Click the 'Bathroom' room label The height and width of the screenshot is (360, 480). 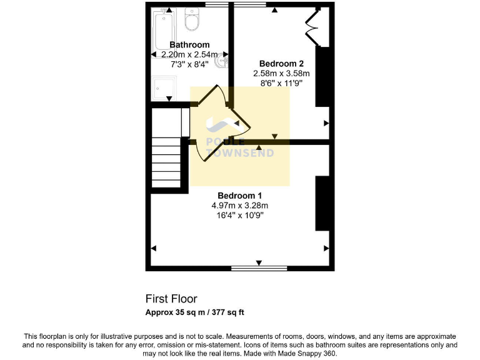[x=189, y=45]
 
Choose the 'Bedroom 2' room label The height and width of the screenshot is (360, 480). [x=281, y=64]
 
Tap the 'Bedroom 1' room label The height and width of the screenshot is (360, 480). [x=239, y=196]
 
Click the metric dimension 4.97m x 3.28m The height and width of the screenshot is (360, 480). [x=239, y=206]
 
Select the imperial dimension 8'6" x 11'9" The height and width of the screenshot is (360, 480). [x=281, y=83]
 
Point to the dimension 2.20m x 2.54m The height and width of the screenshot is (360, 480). [x=189, y=54]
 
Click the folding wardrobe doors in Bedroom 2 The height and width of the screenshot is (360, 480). [x=312, y=27]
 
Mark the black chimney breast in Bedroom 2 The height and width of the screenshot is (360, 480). [x=322, y=76]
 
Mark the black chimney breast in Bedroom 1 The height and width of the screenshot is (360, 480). [x=322, y=204]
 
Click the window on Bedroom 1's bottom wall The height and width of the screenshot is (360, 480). [x=259, y=268]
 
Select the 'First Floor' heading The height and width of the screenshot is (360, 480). [x=171, y=299]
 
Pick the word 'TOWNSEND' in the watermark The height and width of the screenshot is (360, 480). [x=240, y=153]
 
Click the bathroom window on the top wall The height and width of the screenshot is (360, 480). [x=216, y=5]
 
